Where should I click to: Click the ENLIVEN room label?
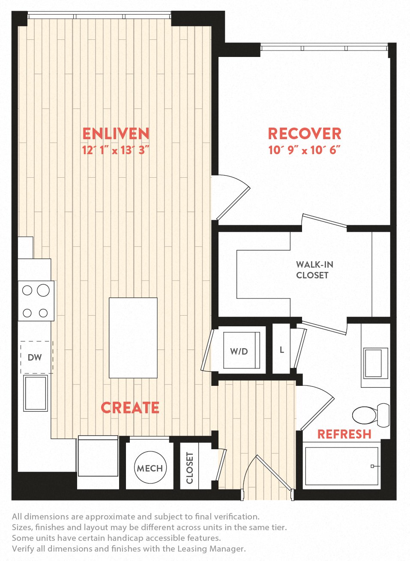click(x=116, y=134)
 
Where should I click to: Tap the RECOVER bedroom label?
click(x=305, y=134)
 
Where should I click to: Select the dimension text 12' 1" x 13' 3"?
click(x=116, y=150)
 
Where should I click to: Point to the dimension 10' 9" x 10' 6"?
click(x=304, y=150)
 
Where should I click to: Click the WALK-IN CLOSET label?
click(x=314, y=270)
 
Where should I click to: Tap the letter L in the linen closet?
click(x=281, y=350)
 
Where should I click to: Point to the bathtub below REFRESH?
click(x=341, y=466)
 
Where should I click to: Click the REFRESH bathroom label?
click(x=344, y=434)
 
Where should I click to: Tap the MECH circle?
click(x=150, y=468)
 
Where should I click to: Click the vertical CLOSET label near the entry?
click(x=190, y=468)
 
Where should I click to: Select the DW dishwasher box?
click(x=36, y=357)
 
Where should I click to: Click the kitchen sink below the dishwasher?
click(x=36, y=393)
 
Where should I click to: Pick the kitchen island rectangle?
click(x=133, y=338)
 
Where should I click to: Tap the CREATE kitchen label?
click(x=130, y=408)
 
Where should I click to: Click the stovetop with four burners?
click(x=36, y=301)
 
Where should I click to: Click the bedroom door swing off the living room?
click(x=231, y=198)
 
